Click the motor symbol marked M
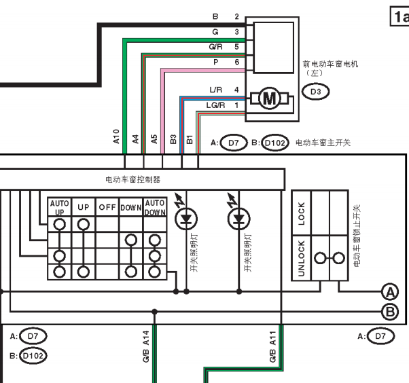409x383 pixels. (x=270, y=98)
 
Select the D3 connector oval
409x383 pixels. (x=316, y=92)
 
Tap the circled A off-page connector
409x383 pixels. (x=390, y=292)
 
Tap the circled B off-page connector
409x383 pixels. (x=390, y=312)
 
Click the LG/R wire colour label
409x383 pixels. (x=215, y=105)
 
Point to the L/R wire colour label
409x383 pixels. (x=216, y=90)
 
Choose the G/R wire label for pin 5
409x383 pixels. (x=216, y=47)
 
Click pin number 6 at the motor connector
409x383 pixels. (x=236, y=62)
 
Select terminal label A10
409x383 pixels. (x=116, y=136)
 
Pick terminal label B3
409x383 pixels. (x=173, y=139)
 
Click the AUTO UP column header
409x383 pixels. (x=60, y=208)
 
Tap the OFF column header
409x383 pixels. (x=107, y=207)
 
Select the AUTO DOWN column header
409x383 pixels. (x=155, y=208)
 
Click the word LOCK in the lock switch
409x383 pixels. (x=301, y=213)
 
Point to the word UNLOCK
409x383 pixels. (x=301, y=258)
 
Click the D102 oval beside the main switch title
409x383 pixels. (x=275, y=143)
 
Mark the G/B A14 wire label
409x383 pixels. (x=146, y=346)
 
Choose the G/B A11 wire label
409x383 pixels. (x=272, y=346)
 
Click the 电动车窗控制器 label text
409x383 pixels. (x=132, y=179)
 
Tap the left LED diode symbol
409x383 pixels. (x=186, y=219)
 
